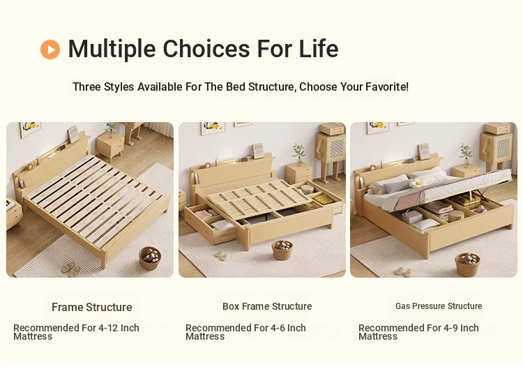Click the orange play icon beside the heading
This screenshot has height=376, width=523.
(50, 50)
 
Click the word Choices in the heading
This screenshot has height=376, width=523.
(206, 49)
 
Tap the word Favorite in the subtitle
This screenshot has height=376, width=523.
(386, 87)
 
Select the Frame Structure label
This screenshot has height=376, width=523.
(92, 307)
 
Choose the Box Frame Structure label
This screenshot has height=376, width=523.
(267, 306)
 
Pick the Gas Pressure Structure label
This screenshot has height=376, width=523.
(439, 306)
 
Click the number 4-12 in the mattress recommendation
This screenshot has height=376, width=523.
(108, 328)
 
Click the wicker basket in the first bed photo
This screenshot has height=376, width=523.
(150, 257)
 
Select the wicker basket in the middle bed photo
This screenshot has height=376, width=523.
(282, 250)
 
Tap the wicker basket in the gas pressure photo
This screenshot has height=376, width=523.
(467, 264)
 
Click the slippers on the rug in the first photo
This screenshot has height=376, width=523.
(69, 269)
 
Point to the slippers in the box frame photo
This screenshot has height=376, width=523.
(222, 255)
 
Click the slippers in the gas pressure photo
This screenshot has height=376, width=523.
(404, 272)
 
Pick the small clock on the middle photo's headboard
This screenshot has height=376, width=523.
(208, 165)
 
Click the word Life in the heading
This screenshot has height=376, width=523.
(319, 49)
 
